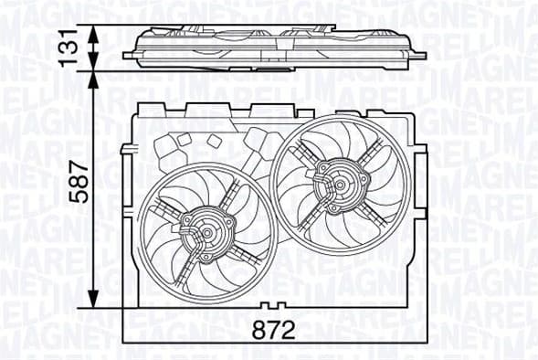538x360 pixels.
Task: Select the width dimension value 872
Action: coord(275,331)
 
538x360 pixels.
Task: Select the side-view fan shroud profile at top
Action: coord(275,45)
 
